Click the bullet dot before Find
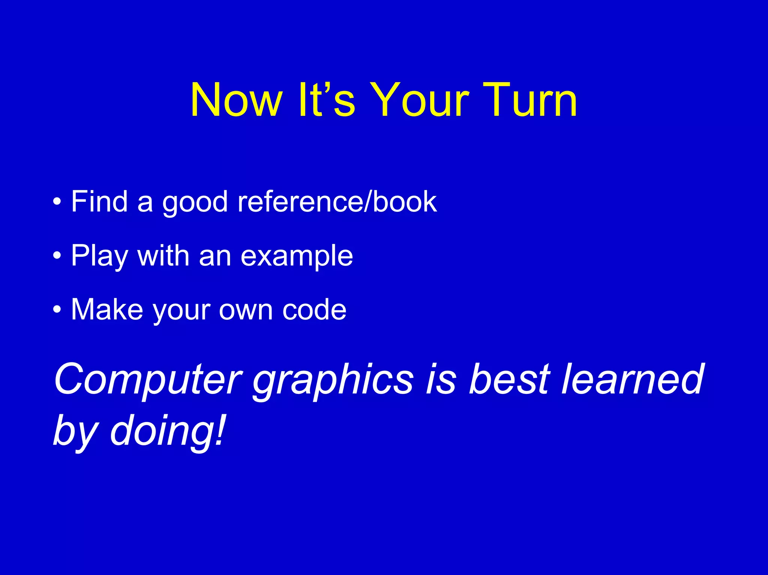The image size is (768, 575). [57, 202]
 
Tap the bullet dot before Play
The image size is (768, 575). [57, 256]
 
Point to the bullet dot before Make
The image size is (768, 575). [57, 310]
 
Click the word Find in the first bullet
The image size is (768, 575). [99, 202]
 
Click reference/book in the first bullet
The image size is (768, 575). [337, 202]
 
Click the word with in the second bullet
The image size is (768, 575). [163, 256]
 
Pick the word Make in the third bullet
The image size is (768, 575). [107, 310]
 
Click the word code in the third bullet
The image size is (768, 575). [314, 310]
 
